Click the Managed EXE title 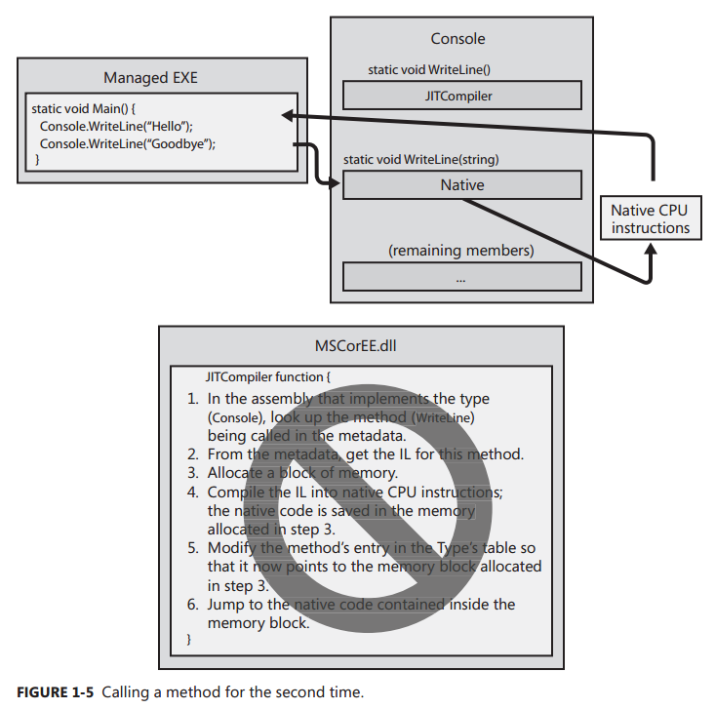pyautogui.click(x=150, y=77)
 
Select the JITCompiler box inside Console pyautogui.click(x=461, y=96)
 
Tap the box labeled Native pyautogui.click(x=461, y=184)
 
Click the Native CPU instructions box pyautogui.click(x=650, y=218)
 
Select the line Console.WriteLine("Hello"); pyautogui.click(x=117, y=126)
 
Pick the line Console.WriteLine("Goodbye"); pyautogui.click(x=128, y=143)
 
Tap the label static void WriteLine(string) pyautogui.click(x=422, y=158)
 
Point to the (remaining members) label pyautogui.click(x=460, y=251)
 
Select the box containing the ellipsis pyautogui.click(x=461, y=277)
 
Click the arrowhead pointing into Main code pyautogui.click(x=288, y=115)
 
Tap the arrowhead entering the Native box pyautogui.click(x=335, y=183)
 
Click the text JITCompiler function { pyautogui.click(x=268, y=375)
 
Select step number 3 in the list pyautogui.click(x=193, y=472)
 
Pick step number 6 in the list pyautogui.click(x=193, y=605)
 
